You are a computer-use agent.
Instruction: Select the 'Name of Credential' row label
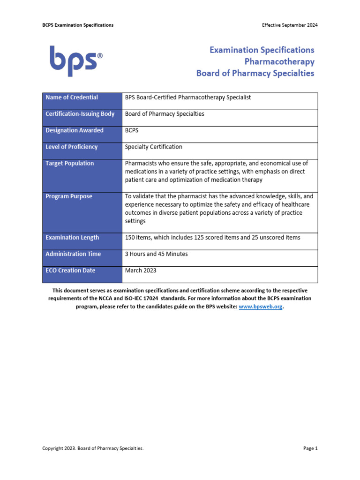72,97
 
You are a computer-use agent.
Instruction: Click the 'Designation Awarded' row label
75,130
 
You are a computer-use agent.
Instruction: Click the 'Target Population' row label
69,163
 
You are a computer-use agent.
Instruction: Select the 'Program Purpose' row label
69,196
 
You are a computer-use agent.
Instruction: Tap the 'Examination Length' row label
72,238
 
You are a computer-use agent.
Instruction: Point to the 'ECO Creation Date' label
70,270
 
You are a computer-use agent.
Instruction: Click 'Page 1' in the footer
310,449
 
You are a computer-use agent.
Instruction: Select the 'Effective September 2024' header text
290,25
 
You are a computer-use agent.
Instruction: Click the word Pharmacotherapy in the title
279,61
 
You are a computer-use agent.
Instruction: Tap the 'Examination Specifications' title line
262,50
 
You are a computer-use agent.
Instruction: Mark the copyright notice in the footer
93,449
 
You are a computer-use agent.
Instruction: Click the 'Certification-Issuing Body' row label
80,114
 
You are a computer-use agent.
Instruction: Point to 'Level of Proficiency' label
72,147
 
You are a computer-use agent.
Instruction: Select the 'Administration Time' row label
73,254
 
